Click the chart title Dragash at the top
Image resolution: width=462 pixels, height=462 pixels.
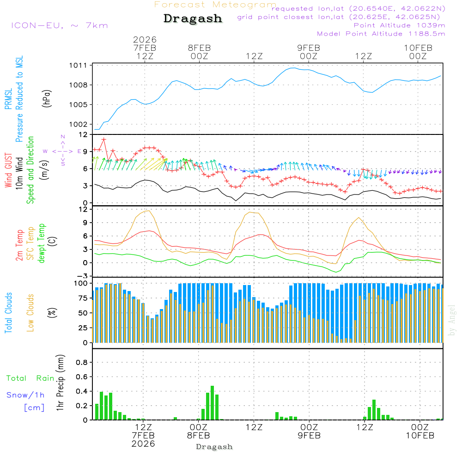click(193, 19)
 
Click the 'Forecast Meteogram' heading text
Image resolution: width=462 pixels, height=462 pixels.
click(215, 5)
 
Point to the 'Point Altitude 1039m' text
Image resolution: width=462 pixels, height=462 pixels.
click(399, 25)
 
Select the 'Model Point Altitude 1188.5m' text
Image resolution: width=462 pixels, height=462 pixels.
click(381, 33)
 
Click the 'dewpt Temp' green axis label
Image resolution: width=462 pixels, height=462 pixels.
click(42, 244)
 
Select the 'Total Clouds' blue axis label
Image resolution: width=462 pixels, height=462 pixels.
click(8, 313)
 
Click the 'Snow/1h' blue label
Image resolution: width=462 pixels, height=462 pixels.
click(26, 395)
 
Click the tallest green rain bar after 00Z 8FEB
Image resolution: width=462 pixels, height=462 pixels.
click(212, 403)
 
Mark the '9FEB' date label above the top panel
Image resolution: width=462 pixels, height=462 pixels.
click(308, 48)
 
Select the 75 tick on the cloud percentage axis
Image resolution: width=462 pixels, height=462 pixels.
click(82, 298)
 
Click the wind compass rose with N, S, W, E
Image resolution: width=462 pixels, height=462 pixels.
click(63, 151)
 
